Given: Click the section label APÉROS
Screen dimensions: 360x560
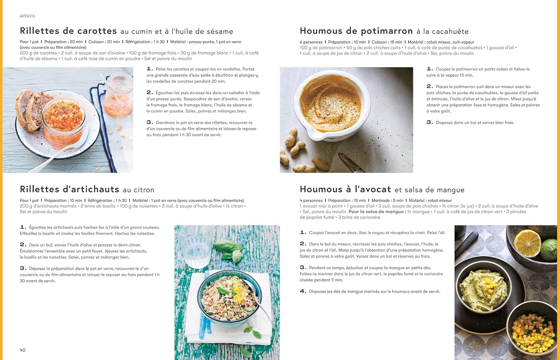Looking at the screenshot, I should click(x=27, y=16).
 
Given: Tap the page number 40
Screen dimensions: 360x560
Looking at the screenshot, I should click(x=23, y=350).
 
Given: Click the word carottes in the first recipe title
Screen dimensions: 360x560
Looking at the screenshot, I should click(x=97, y=31).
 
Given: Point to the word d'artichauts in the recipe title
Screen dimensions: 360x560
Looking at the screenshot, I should click(x=91, y=189).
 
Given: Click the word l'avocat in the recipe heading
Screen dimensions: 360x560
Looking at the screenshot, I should click(x=373, y=189).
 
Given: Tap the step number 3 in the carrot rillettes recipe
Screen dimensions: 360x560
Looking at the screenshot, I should click(x=149, y=122).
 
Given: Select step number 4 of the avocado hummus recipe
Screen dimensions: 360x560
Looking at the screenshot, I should click(x=303, y=291).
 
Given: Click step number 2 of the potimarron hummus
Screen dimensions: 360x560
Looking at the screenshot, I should click(x=429, y=86).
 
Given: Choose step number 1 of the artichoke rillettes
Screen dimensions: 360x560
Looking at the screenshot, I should click(x=23, y=227).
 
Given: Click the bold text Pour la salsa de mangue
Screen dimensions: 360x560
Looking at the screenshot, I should click(x=376, y=212).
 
